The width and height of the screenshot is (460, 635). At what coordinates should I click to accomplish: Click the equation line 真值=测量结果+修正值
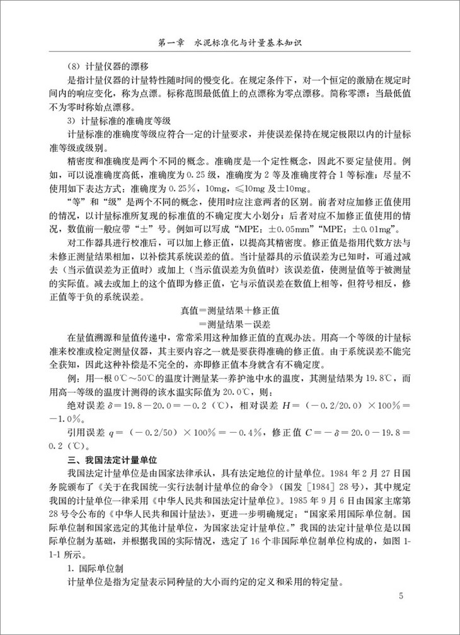(231, 310)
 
